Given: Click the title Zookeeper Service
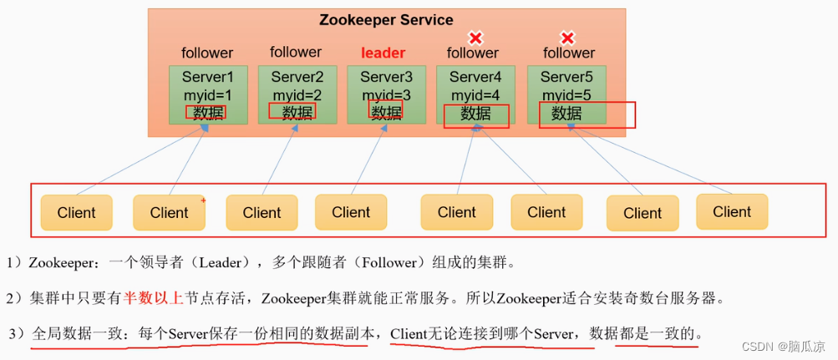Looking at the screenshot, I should pyautogui.click(x=386, y=20).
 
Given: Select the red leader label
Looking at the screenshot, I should pyautogui.click(x=383, y=53).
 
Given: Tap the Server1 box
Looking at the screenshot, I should pyautogui.click(x=208, y=94).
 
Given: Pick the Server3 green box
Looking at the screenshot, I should pyautogui.click(x=386, y=94).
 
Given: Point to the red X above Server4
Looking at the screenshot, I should pyautogui.click(x=475, y=38).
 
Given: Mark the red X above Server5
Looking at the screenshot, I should pyautogui.click(x=567, y=38).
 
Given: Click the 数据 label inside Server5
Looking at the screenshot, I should pyautogui.click(x=566, y=113).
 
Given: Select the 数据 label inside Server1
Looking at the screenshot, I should pyautogui.click(x=207, y=113).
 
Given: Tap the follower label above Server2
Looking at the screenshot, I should pyautogui.click(x=296, y=52).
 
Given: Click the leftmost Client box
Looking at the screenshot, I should pyautogui.click(x=77, y=213).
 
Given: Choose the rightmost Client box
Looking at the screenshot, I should pyautogui.click(x=732, y=212).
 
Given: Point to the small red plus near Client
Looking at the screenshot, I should pyautogui.click(x=203, y=200).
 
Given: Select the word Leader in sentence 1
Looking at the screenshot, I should pyautogui.click(x=223, y=262).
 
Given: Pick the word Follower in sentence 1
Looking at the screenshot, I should pyautogui.click(x=392, y=262).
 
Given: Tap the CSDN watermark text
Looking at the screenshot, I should pyautogui.click(x=784, y=345).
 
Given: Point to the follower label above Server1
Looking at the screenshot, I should pyautogui.click(x=207, y=53).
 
